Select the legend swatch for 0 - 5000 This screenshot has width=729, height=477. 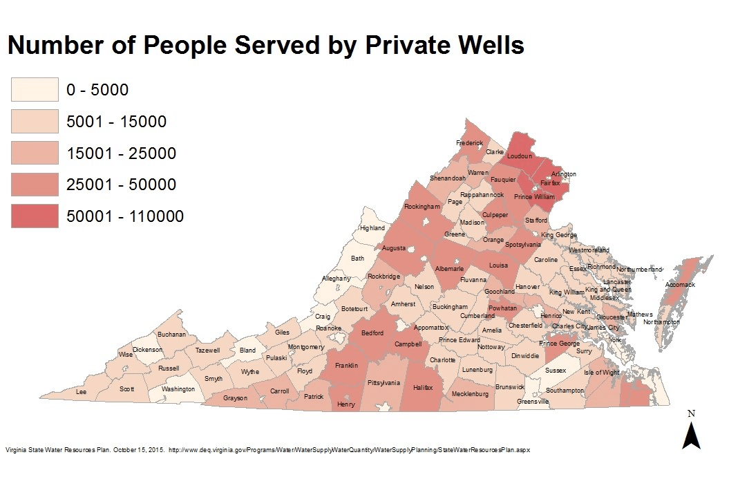33,90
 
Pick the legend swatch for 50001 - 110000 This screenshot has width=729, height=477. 33,216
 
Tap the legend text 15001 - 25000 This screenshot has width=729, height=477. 121,153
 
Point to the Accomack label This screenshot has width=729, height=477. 680,284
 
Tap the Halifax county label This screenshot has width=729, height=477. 422,388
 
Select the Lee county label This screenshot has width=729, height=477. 81,391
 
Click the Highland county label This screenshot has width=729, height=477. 372,228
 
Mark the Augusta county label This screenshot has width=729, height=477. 395,247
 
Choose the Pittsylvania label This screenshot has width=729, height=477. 384,382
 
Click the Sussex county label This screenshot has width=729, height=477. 555,371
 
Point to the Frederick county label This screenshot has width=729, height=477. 469,143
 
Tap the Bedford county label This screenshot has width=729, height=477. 372,333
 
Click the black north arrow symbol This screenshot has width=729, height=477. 691,436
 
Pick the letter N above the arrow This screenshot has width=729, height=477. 691,413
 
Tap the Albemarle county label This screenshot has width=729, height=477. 449,268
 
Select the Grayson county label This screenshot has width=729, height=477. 235,398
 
